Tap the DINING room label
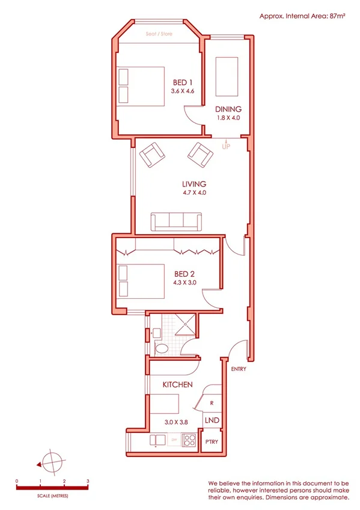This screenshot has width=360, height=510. (228, 109)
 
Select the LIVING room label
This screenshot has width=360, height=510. (194, 184)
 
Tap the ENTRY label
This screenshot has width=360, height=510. (238, 369)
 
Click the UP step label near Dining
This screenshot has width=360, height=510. (226, 146)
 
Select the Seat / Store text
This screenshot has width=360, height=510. (159, 34)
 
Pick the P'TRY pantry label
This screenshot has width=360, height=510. (211, 442)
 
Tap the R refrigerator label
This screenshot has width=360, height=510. (212, 403)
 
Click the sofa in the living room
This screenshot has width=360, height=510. (177, 222)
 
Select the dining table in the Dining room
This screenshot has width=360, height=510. (227, 76)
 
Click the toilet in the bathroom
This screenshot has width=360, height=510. (162, 348)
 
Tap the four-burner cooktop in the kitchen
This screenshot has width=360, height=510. (189, 440)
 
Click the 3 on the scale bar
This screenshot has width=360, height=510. (88, 482)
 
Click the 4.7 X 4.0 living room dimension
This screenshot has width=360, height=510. (194, 193)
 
